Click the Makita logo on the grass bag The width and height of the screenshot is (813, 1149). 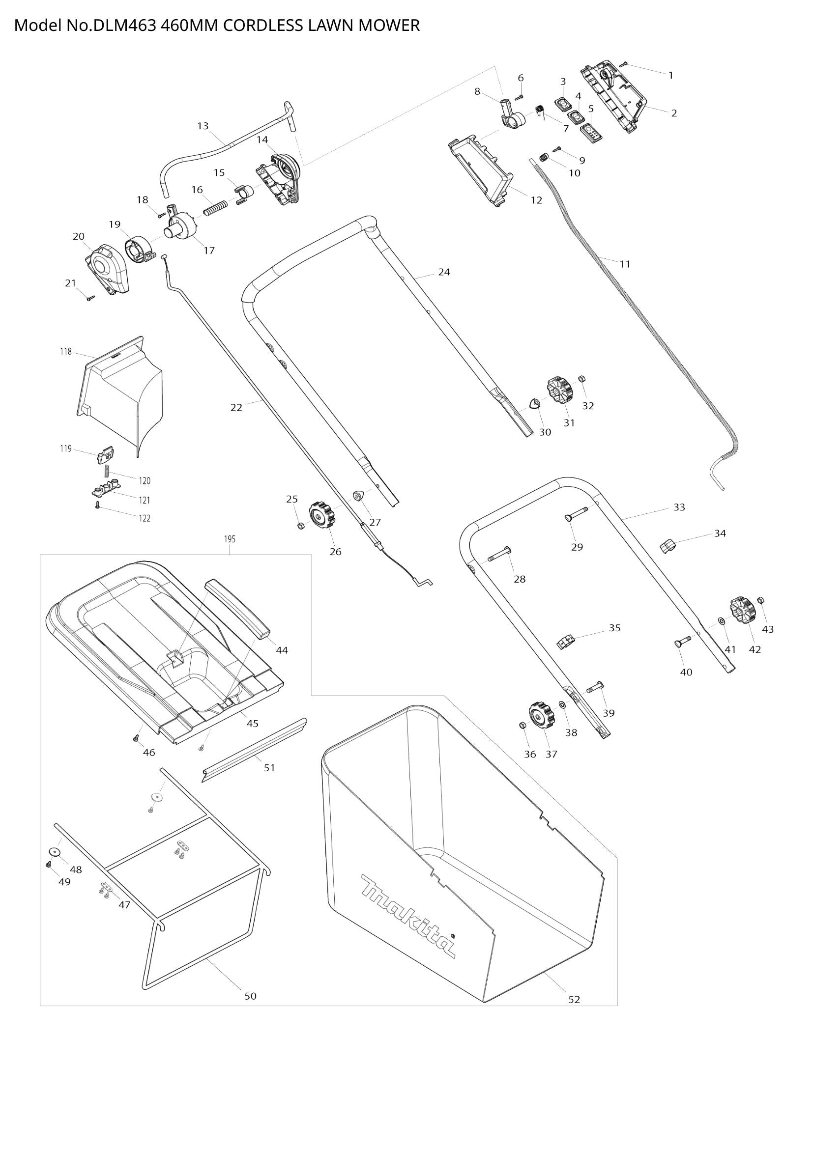point(408,916)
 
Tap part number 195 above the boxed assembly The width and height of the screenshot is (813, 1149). point(229,539)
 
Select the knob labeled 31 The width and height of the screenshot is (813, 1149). point(560,392)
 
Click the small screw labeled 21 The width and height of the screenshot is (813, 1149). point(91,298)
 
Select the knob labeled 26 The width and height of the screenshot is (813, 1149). point(322,516)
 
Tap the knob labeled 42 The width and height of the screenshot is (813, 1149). point(742,611)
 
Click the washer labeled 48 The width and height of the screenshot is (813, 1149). point(54,852)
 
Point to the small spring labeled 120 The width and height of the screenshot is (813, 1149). point(107,471)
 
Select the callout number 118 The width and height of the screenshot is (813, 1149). point(66,352)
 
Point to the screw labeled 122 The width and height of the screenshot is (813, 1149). point(98,506)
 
